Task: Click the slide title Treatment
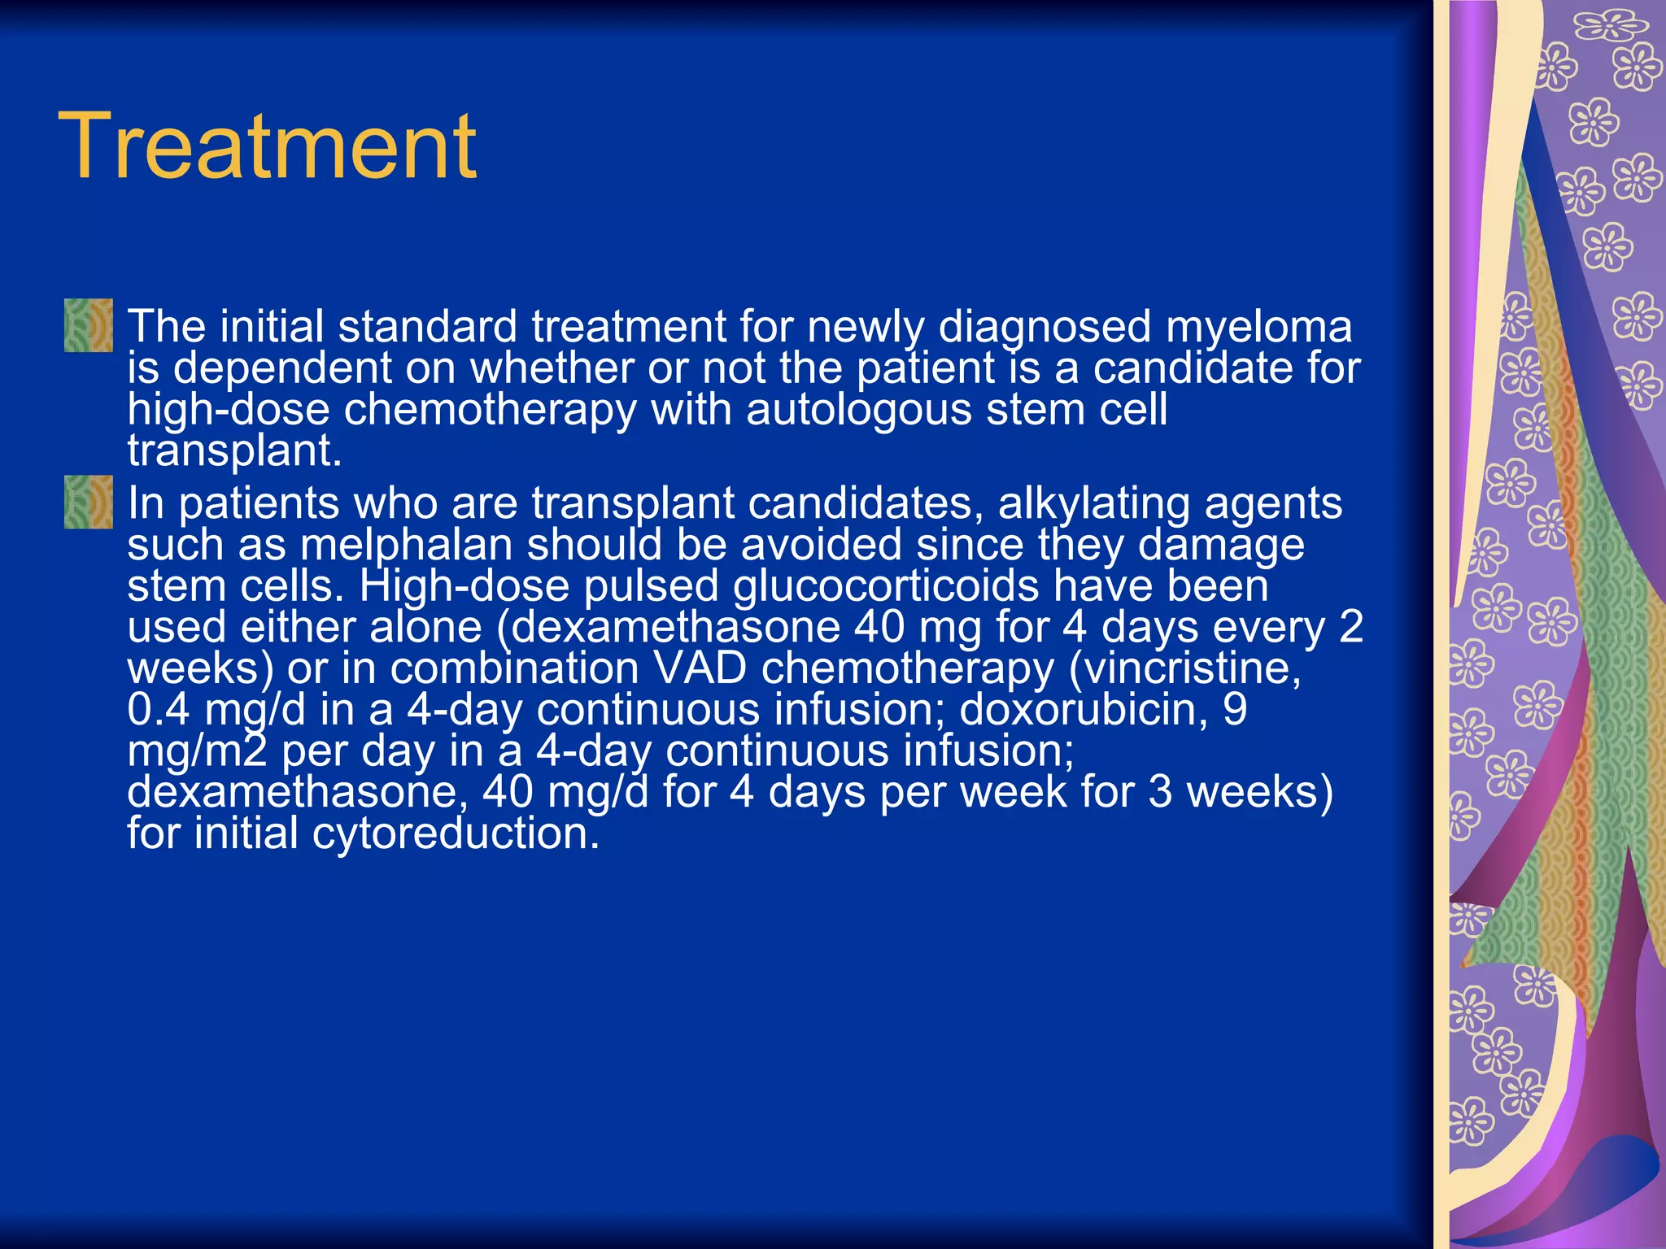[x=268, y=146]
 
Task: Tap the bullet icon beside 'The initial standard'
[x=89, y=325]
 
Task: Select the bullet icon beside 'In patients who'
[x=89, y=503]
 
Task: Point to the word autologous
[x=859, y=409]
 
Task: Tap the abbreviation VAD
[x=700, y=668]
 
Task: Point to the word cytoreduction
[x=456, y=833]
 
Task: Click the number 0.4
[x=159, y=710]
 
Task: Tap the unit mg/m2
[x=197, y=751]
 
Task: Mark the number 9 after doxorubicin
[x=1235, y=710]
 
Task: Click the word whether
[x=553, y=368]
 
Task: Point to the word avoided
[x=822, y=545]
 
